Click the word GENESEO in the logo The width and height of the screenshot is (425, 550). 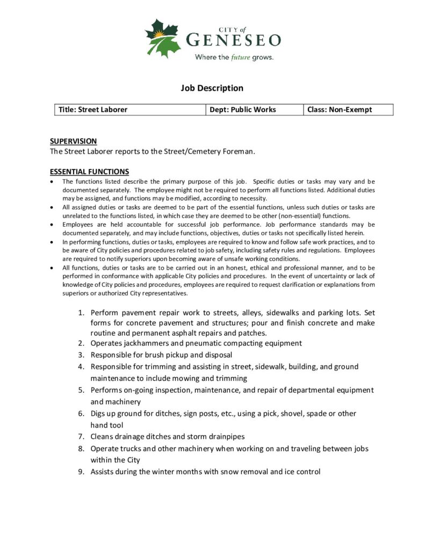[233, 40]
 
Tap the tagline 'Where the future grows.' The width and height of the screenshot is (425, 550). [234, 57]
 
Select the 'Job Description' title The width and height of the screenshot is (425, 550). [212, 88]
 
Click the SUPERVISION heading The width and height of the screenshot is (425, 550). [74, 141]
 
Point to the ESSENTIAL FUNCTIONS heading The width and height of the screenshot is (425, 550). [89, 172]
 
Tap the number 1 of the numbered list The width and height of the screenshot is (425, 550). [81, 312]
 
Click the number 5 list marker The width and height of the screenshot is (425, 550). [81, 390]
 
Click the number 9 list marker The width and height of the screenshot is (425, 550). [81, 472]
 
